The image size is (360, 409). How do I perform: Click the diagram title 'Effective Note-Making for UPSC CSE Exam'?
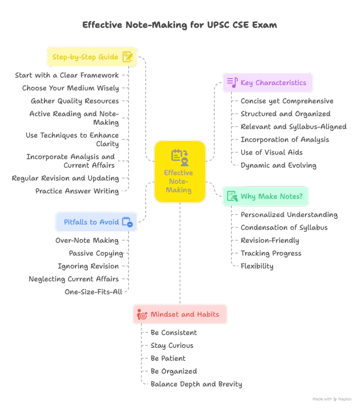180,25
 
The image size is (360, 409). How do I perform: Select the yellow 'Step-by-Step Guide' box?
92,57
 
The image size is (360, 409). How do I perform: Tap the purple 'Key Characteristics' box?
268,83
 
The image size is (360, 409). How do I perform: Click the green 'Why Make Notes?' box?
266,196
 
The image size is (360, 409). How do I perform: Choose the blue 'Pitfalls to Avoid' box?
96,222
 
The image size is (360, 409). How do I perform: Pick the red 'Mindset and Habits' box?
180,314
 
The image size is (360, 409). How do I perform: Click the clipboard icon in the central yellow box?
180,157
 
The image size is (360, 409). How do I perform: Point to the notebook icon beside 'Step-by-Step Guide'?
127,57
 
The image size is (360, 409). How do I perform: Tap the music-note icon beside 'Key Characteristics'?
232,82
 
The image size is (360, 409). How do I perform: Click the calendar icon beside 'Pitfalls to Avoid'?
127,222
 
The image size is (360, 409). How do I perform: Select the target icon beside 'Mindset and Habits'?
142,314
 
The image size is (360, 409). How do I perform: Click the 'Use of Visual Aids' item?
272,152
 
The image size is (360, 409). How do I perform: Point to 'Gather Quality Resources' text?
75,101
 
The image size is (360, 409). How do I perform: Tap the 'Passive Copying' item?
96,253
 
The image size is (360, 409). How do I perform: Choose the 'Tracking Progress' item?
271,253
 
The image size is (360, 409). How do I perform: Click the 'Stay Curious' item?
172,345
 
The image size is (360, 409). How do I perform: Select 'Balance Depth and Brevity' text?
196,384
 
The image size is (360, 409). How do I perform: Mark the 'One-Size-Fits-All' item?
93,292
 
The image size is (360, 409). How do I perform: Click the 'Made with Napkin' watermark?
332,399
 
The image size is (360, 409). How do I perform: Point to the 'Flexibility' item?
257,266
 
